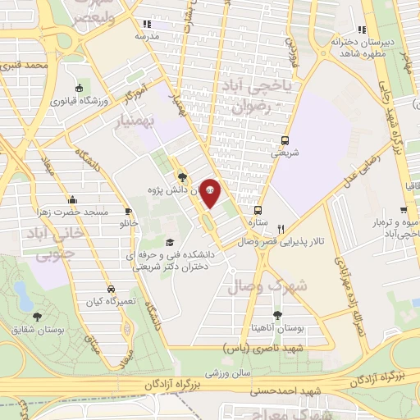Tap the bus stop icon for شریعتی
[285, 139]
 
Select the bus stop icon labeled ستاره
[258, 209]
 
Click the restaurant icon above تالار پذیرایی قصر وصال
[281, 229]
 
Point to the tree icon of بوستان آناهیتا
[276, 314]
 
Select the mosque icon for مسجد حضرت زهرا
[73, 199]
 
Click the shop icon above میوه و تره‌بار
[386, 209]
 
